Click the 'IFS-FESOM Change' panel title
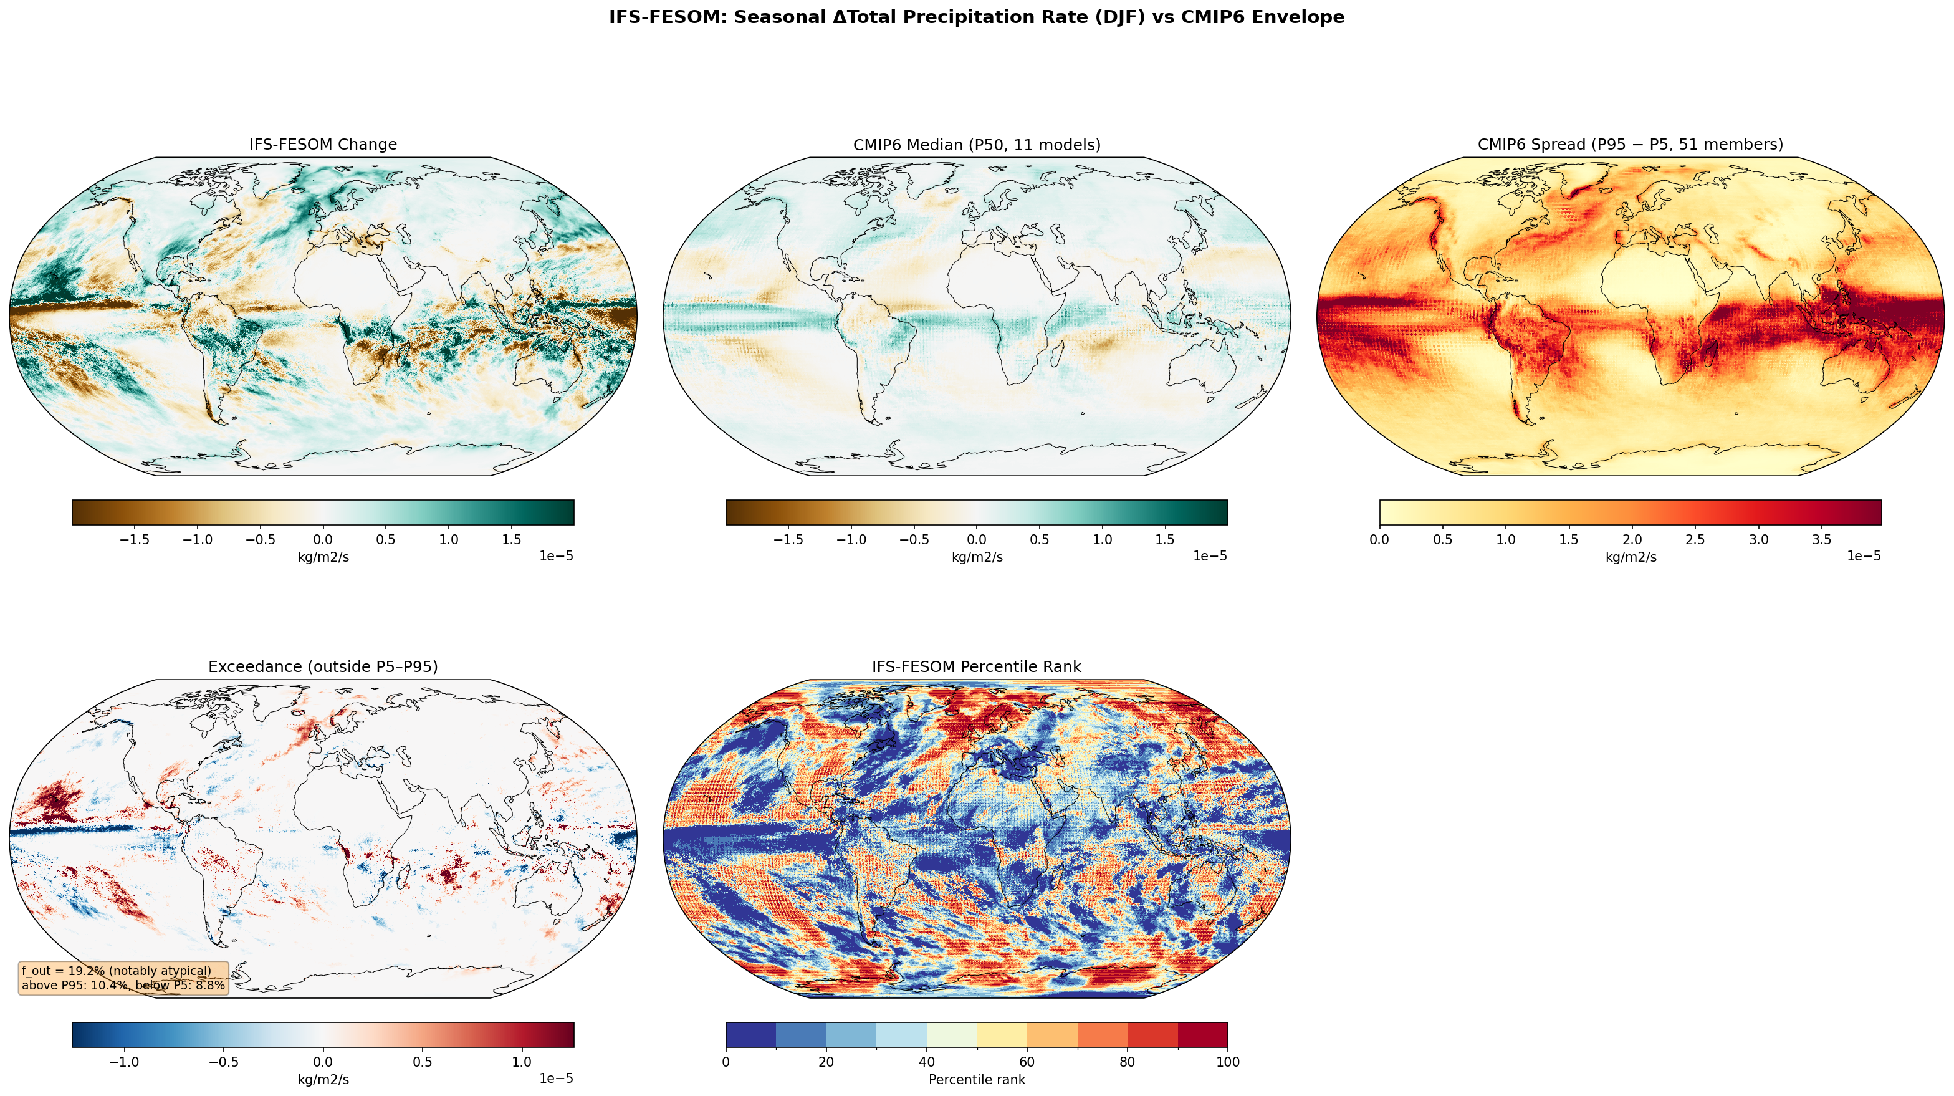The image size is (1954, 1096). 323,144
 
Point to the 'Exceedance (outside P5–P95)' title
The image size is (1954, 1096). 323,666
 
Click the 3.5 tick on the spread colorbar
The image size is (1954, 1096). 1821,540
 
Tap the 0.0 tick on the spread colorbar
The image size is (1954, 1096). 1380,540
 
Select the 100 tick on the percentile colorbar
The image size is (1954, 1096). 1227,1062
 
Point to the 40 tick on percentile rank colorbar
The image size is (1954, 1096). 926,1062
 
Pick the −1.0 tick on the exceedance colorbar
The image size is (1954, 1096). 123,1062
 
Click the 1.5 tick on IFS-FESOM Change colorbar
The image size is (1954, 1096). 511,540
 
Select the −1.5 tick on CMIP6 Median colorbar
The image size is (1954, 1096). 787,540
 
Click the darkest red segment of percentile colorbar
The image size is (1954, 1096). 1202,1034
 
